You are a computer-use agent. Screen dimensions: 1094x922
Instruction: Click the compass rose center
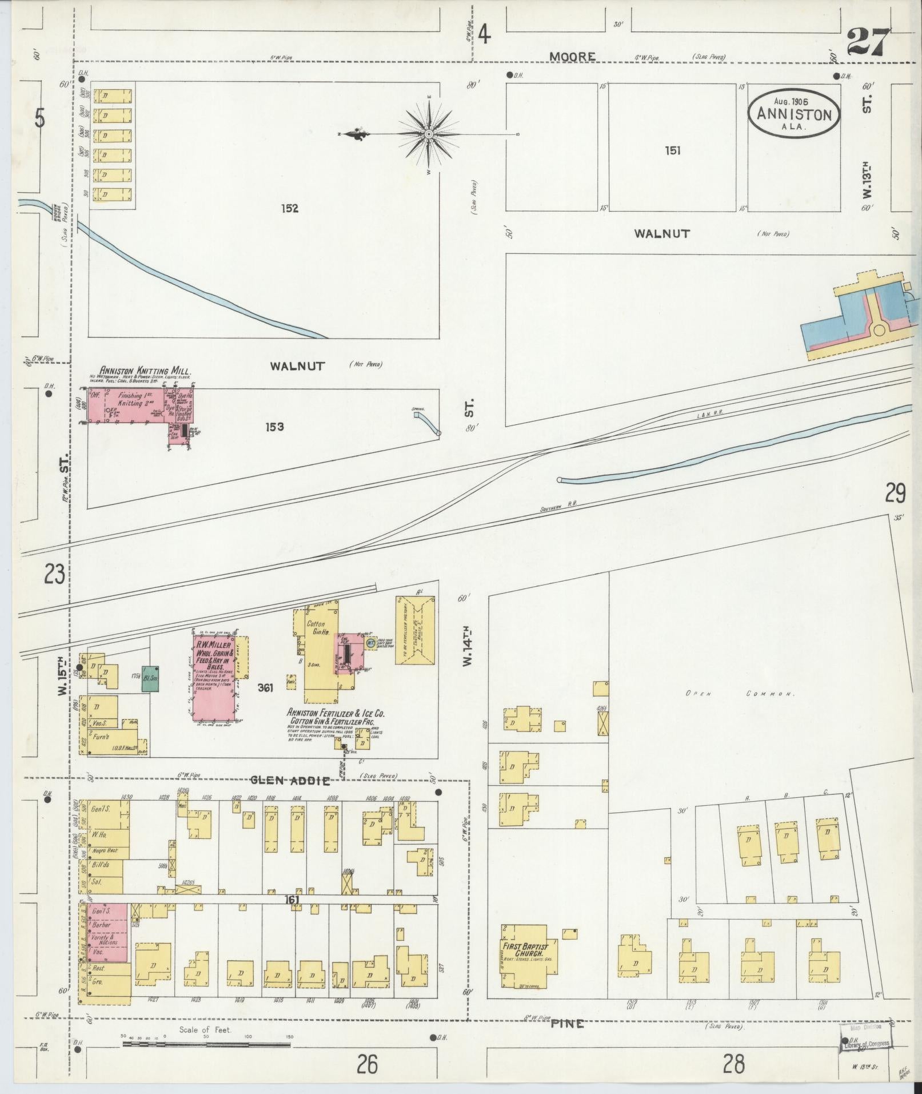tap(428, 134)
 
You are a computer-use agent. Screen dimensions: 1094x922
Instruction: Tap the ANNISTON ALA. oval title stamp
tap(794, 113)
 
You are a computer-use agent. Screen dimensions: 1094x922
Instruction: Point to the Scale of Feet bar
tap(206, 1044)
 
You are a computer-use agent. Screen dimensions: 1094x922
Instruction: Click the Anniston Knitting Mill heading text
tap(145, 370)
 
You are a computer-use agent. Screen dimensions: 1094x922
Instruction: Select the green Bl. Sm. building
tap(150, 679)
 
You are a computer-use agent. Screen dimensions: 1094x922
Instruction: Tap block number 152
tap(289, 209)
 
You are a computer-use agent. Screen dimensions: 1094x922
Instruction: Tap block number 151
tap(672, 151)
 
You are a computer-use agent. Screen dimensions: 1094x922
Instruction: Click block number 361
tap(265, 688)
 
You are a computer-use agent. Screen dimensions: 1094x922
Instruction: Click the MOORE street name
tap(572, 57)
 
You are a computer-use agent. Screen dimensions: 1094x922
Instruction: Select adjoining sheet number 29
tap(895, 492)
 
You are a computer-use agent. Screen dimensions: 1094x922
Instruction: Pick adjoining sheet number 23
tap(54, 574)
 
